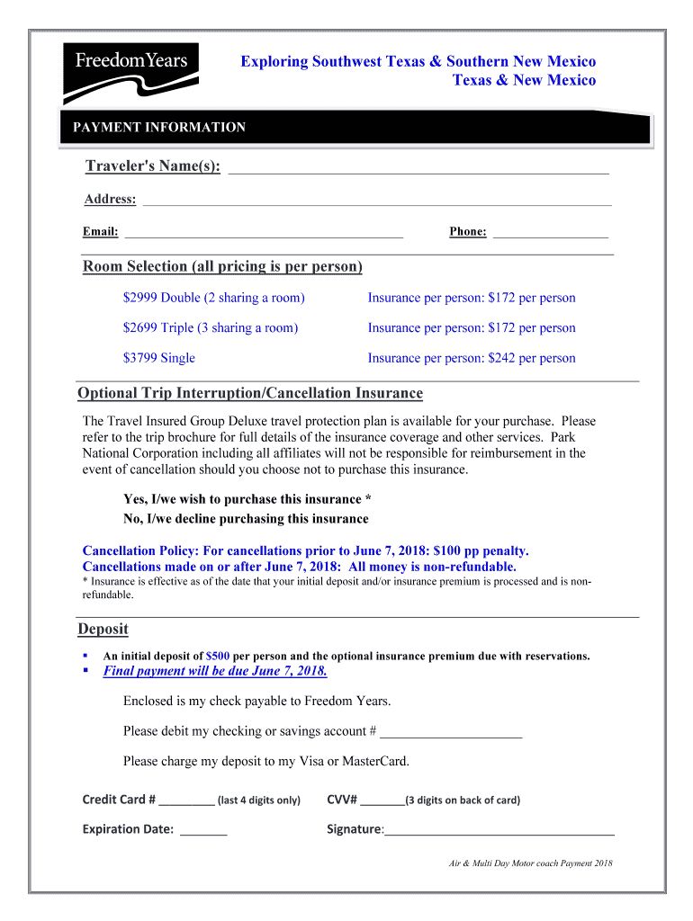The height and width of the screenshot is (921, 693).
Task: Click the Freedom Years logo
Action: (x=130, y=67)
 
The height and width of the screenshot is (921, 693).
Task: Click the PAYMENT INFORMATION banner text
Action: (x=159, y=128)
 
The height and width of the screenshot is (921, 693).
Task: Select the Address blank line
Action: (x=377, y=200)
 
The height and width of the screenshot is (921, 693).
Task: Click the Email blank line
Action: (x=264, y=232)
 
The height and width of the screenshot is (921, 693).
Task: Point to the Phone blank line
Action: (x=551, y=232)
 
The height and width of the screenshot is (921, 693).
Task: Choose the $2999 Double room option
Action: (x=213, y=298)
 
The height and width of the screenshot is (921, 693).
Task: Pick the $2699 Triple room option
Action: (x=210, y=327)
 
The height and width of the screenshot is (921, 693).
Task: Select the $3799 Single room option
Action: (x=158, y=358)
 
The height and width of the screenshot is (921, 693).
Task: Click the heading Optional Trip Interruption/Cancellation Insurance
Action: (x=250, y=394)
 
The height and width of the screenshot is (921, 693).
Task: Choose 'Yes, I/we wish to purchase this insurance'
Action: (x=247, y=499)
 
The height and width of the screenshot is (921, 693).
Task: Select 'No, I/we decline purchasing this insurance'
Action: (x=246, y=519)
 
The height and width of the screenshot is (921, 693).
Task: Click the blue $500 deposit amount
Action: (x=218, y=656)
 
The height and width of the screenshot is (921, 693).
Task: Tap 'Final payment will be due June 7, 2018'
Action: (x=215, y=671)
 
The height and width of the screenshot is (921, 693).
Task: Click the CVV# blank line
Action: (x=383, y=800)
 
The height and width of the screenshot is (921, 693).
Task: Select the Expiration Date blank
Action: (x=203, y=830)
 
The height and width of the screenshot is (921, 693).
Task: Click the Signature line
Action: (x=499, y=830)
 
